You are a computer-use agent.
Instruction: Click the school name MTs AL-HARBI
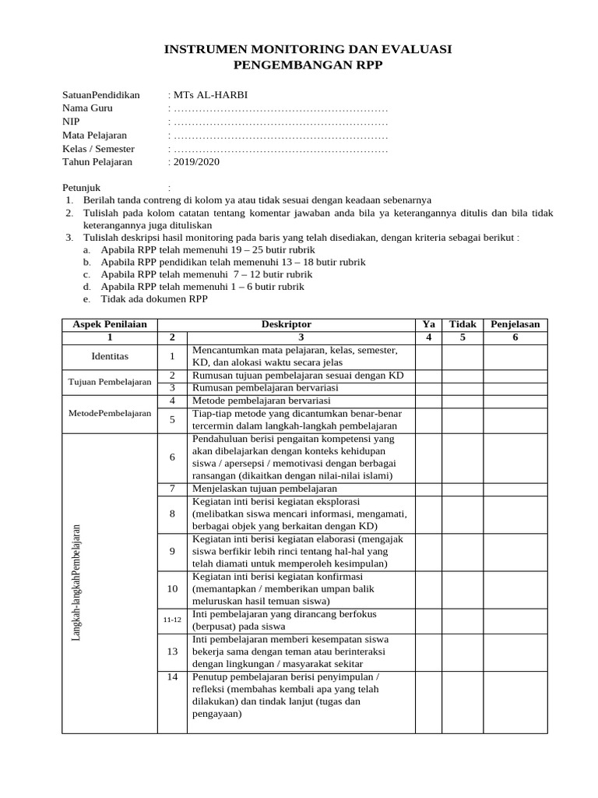point(209,95)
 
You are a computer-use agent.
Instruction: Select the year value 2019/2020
point(195,162)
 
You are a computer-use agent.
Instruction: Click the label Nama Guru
point(88,108)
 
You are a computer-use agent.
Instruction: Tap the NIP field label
point(71,122)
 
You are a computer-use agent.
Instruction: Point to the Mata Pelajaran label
point(96,136)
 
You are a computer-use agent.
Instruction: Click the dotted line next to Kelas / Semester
point(280,149)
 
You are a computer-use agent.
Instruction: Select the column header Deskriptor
point(286,324)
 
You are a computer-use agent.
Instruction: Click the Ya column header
point(428,324)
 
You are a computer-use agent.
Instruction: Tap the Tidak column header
point(463,324)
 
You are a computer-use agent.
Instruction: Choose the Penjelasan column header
point(515,324)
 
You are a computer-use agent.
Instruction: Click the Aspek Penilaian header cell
point(110,324)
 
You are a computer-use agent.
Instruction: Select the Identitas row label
point(110,356)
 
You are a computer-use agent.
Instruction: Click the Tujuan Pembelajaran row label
point(110,381)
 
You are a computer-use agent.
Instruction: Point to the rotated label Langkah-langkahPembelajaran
point(76,583)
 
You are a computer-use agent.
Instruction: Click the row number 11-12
point(172,620)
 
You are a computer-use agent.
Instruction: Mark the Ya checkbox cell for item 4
point(428,401)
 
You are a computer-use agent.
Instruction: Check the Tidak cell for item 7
point(463,489)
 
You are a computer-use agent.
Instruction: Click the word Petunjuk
point(81,188)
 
